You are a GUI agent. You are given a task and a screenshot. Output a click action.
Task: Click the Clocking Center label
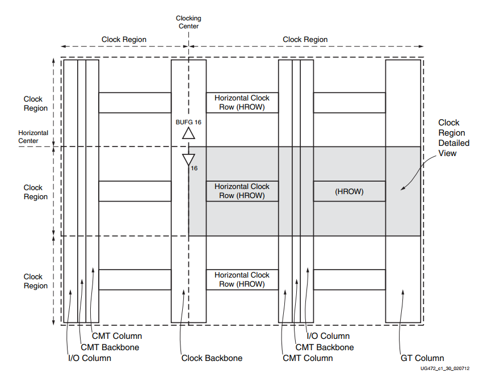pos(188,22)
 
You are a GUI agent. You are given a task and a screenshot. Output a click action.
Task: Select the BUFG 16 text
pos(188,122)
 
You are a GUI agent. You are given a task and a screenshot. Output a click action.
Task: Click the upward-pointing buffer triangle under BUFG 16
pos(188,133)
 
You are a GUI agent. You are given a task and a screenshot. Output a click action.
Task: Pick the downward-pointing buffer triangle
pos(188,159)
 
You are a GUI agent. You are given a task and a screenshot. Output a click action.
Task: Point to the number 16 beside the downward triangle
pos(194,169)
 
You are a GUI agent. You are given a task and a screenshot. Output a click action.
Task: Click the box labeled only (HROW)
pos(349,192)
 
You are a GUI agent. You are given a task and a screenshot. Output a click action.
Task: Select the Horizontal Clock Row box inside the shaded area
pos(242,191)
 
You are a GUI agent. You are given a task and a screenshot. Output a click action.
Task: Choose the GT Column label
pos(422,358)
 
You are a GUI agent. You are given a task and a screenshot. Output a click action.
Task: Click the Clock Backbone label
pos(212,358)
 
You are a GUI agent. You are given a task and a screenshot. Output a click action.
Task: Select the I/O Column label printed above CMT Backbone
pos(328,337)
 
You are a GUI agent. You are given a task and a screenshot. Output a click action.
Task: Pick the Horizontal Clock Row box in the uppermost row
pos(242,103)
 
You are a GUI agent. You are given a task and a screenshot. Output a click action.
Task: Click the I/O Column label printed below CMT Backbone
pos(89,358)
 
